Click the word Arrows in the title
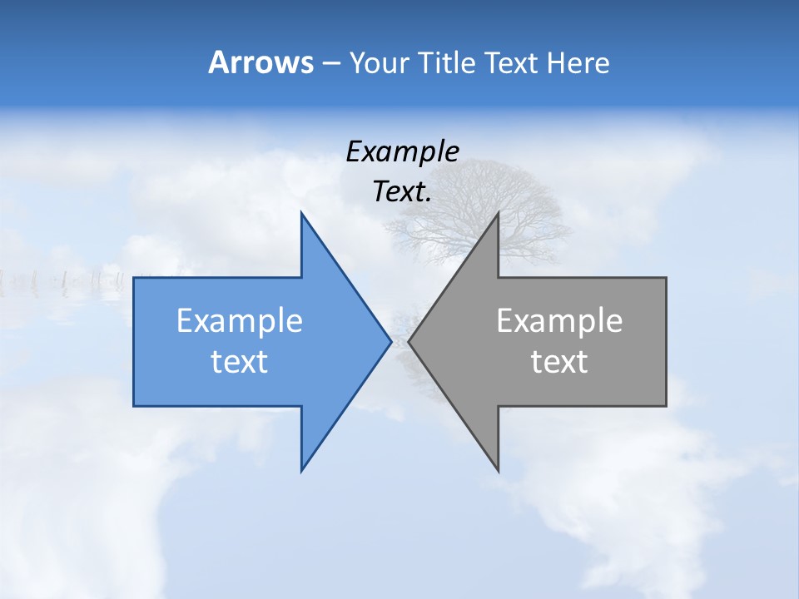pyautogui.click(x=261, y=62)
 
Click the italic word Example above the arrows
pyautogui.click(x=403, y=151)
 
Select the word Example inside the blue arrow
pyautogui.click(x=240, y=321)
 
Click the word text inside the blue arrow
pyautogui.click(x=240, y=362)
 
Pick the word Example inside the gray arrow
pyautogui.click(x=559, y=321)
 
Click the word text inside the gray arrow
pyautogui.click(x=559, y=362)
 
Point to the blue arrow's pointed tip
pyautogui.click(x=390, y=341)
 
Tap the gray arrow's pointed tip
pyautogui.click(x=409, y=341)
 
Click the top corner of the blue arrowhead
pyautogui.click(x=301, y=213)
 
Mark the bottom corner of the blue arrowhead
pyautogui.click(x=301, y=470)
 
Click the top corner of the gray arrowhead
pyautogui.click(x=498, y=213)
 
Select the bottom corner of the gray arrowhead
pyautogui.click(x=498, y=470)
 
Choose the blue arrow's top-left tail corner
pyautogui.click(x=134, y=278)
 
